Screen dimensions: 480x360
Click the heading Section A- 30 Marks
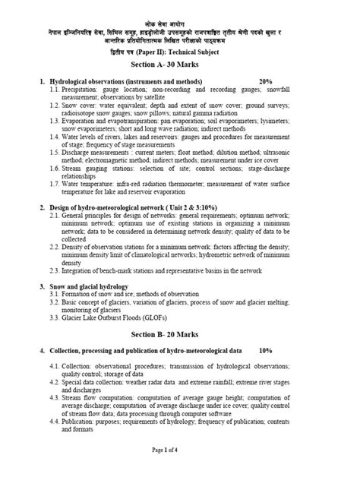180,66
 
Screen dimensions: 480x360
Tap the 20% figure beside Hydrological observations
265,81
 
